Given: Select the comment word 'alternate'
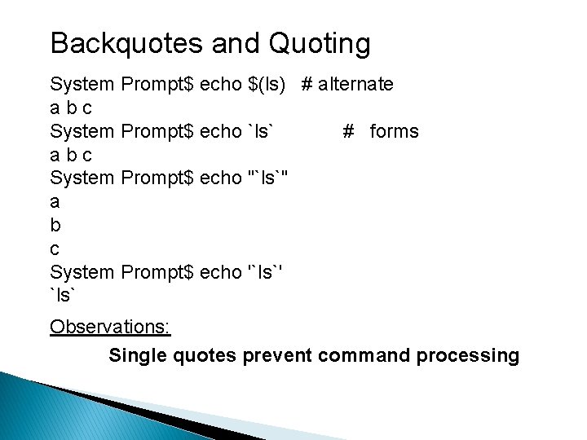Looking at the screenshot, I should [356, 84].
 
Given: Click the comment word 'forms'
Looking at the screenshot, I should [394, 131].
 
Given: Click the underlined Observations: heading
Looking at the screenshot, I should [110, 327].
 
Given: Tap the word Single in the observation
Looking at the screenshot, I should [137, 356].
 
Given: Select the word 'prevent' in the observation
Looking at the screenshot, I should [278, 356].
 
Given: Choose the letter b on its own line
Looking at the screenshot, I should [55, 225].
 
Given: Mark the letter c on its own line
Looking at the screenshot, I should [55, 249].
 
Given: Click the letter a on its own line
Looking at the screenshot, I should [55, 201].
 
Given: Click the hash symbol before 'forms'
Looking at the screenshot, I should [349, 131].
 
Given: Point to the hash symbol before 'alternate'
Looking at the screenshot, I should [307, 84].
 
